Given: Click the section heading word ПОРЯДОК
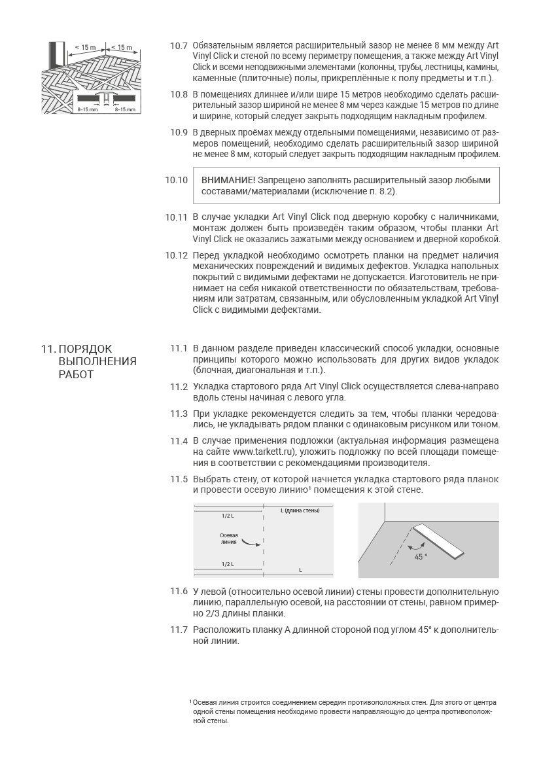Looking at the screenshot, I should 86,349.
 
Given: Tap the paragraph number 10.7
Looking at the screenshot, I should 179,46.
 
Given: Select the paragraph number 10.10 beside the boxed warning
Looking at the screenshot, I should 177,179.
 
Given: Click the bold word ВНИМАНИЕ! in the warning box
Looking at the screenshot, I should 228,180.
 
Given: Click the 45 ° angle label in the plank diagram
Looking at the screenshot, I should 421,556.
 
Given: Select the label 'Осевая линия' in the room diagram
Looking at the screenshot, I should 228,539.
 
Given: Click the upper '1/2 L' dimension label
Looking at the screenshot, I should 227,516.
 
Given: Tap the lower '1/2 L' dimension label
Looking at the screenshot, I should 227,563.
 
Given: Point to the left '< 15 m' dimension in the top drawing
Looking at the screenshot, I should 85,47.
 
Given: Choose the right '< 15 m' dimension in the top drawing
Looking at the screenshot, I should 121,47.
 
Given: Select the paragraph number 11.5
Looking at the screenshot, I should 179,479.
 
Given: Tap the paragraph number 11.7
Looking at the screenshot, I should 179,630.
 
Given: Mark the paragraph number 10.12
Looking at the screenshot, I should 177,255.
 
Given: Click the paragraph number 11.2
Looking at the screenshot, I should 179,387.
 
